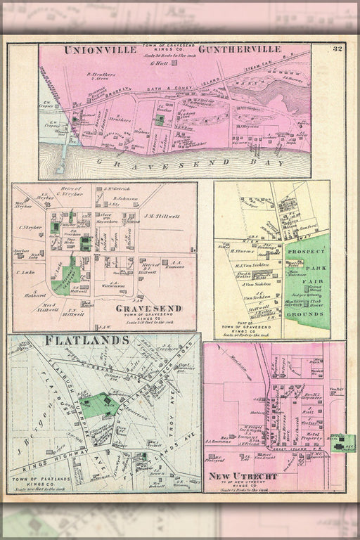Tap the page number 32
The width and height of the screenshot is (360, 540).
[x=337, y=49]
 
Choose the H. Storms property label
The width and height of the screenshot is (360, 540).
[x=240, y=250]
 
